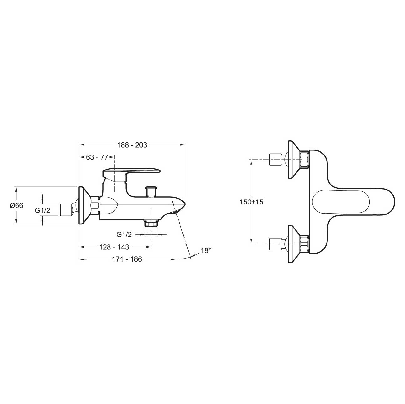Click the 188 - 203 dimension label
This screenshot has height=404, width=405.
click(132, 145)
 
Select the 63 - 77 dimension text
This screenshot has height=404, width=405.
click(97, 157)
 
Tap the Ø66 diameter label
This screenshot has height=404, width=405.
click(16, 205)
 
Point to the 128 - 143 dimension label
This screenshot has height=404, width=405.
click(114, 247)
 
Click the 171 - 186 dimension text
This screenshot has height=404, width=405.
click(127, 259)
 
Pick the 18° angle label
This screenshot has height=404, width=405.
click(206, 250)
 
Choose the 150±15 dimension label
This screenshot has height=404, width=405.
click(251, 202)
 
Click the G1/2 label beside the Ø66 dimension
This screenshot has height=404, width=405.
click(43, 210)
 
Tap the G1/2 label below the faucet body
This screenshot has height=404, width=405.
click(124, 234)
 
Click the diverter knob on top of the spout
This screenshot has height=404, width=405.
click(151, 191)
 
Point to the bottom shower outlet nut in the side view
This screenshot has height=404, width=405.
click(151, 223)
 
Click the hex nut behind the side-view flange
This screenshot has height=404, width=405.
click(95, 205)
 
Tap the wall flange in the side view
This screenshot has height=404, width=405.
click(84, 205)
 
